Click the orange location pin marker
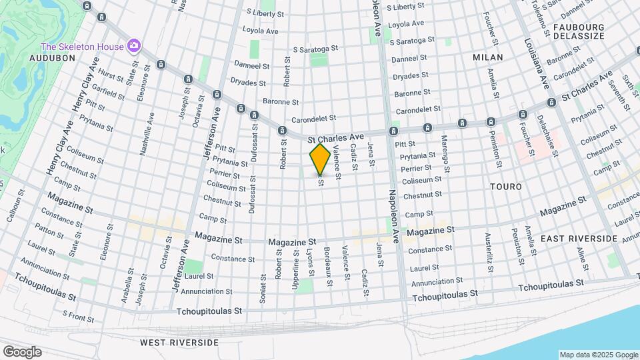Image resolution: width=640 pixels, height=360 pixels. coord(320,159)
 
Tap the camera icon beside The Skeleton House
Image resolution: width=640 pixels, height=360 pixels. coord(134,46)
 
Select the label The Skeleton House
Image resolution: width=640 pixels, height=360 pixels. coord(83,47)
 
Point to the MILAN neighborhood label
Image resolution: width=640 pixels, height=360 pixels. coord(488,58)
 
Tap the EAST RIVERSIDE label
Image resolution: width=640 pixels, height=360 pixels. coord(579,238)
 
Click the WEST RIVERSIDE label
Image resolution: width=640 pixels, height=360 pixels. coord(179,342)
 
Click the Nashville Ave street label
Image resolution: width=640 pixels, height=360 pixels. coord(147,133)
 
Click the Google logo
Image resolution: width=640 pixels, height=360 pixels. coord(22,351)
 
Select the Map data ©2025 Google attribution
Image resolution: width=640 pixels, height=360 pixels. coord(597,355)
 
